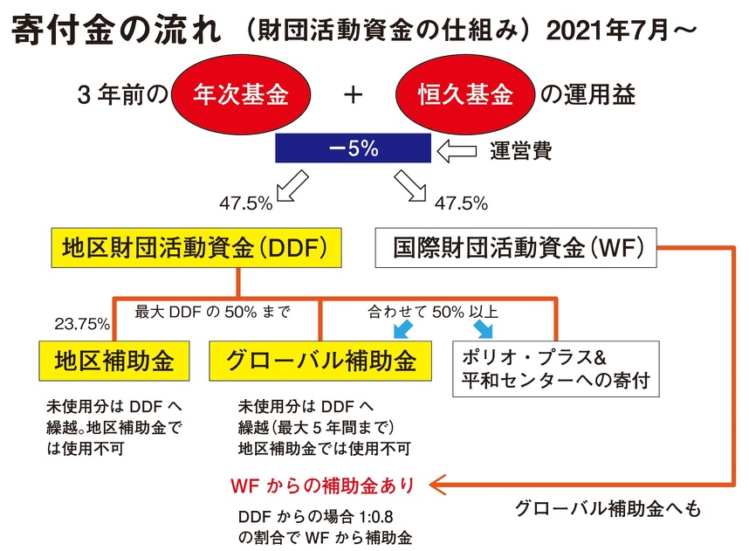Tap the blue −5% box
[x=353, y=148]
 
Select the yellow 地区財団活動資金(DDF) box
[x=195, y=248]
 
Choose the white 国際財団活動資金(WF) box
[x=512, y=248]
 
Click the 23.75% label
[x=82, y=325]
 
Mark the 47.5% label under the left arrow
[x=246, y=203]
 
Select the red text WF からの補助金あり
[x=328, y=483]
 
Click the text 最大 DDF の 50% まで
[x=212, y=311]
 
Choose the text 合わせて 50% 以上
[x=433, y=311]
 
